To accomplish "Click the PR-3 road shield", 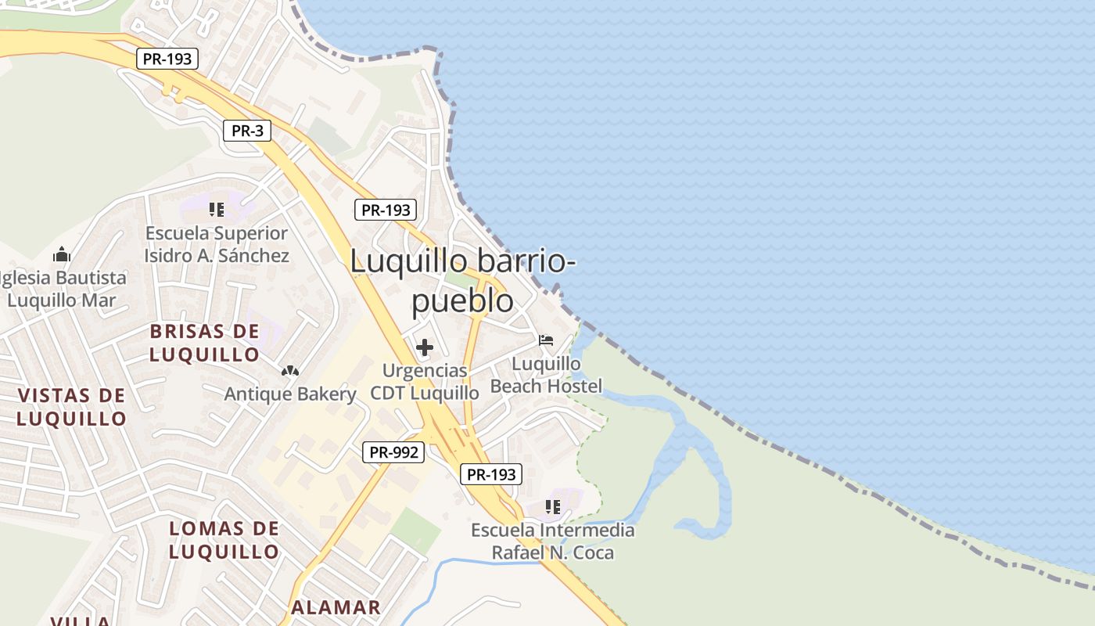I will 247,131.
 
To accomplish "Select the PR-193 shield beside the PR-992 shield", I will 491,473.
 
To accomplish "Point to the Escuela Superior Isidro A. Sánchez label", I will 217,244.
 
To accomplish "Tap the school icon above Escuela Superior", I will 217,210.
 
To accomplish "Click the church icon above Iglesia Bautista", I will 62,254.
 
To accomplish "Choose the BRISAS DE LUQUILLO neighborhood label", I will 205,343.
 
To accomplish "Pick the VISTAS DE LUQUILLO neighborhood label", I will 72,407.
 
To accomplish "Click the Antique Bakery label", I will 290,394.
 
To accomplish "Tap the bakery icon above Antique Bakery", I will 290,370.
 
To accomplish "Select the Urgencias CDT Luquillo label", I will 425,381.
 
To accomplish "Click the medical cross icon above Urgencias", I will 425,347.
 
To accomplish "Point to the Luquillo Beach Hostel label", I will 547,375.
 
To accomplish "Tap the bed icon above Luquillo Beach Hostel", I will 546,340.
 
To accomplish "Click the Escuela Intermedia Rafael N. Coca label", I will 553,541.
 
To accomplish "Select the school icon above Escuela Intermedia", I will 553,507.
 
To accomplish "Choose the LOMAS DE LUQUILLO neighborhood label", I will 224,540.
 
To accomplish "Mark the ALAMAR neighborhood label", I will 336,607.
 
